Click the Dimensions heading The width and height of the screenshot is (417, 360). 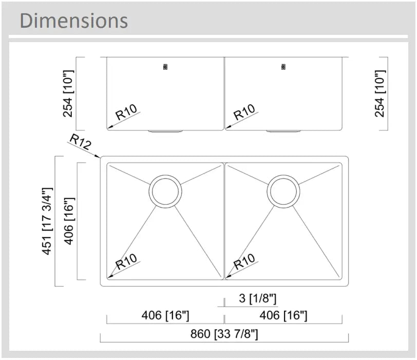tap(73, 21)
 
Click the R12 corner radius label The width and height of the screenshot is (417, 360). tap(80, 141)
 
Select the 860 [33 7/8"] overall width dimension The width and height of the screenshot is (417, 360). tap(224, 334)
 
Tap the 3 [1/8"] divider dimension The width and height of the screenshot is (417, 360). tap(258, 298)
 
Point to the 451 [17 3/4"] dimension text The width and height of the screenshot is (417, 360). tap(47, 221)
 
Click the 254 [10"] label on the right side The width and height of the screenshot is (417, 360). tap(380, 93)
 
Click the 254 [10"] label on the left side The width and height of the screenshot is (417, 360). tap(68, 93)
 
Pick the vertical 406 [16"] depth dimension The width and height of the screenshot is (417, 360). tap(69, 221)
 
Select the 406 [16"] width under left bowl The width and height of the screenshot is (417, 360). tap(165, 316)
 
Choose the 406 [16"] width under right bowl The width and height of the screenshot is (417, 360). tap(283, 316)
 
